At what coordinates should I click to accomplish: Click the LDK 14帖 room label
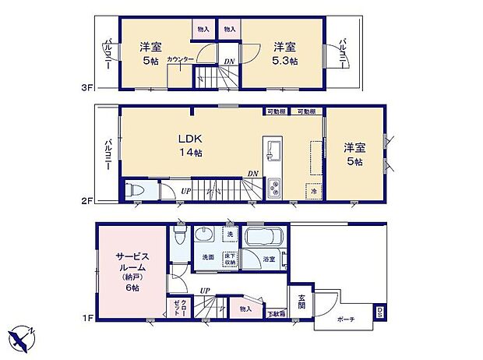pos(191,146)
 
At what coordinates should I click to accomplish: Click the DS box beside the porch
pos(379,313)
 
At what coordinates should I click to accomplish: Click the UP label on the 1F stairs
pos(205,291)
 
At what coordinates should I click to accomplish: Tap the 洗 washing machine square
pos(230,234)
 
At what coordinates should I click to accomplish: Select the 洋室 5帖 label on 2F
pos(354,153)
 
